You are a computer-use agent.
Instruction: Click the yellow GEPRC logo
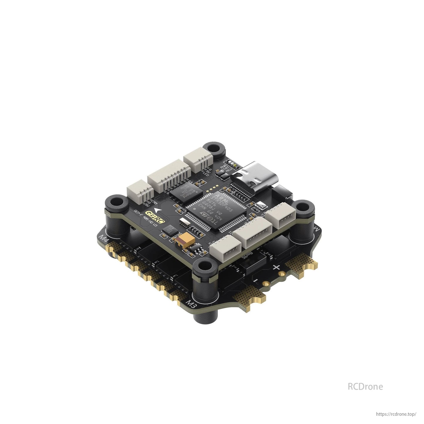pyautogui.click(x=155, y=217)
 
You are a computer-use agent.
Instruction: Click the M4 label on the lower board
pyautogui.click(x=104, y=239)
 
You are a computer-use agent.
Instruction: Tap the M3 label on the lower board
pyautogui.click(x=191, y=304)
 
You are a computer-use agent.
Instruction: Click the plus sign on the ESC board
pyautogui.click(x=276, y=267)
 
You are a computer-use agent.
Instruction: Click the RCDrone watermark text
pyautogui.click(x=365, y=386)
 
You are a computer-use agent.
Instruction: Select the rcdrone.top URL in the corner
pyautogui.click(x=396, y=414)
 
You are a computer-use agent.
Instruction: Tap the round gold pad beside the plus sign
pyautogui.click(x=282, y=274)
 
